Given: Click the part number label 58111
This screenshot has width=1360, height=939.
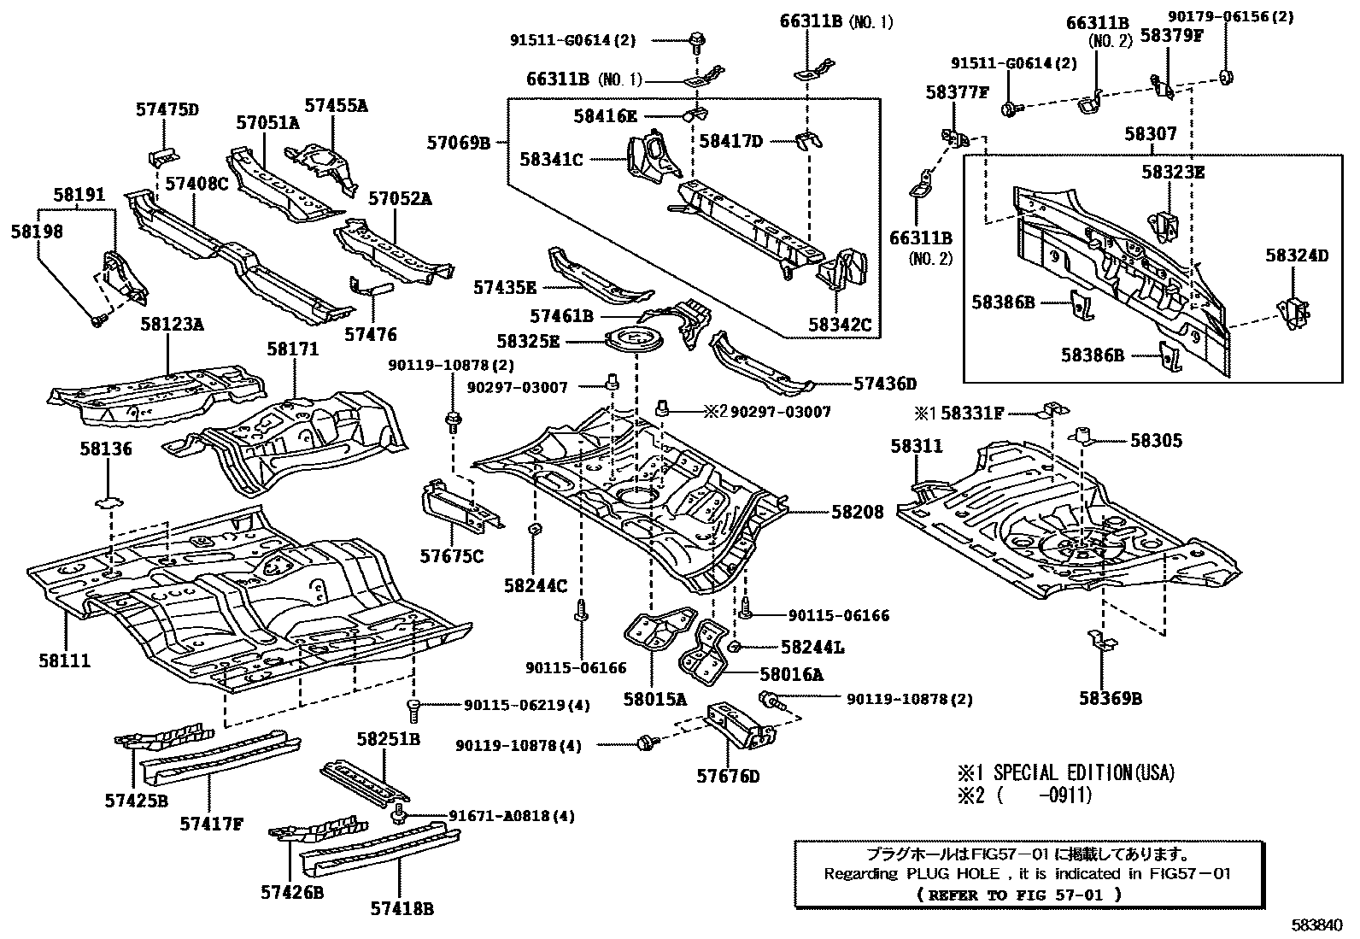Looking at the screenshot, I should click(64, 660).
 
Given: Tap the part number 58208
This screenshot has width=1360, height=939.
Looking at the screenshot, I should click(857, 512).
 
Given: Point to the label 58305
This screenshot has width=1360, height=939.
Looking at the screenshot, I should click(1156, 441).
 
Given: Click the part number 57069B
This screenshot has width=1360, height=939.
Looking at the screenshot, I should click(459, 143).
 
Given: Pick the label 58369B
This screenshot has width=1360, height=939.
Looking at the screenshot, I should click(1110, 699).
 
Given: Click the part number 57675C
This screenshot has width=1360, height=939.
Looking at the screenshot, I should click(451, 556).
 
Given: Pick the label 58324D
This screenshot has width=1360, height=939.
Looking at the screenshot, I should click(1297, 255).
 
